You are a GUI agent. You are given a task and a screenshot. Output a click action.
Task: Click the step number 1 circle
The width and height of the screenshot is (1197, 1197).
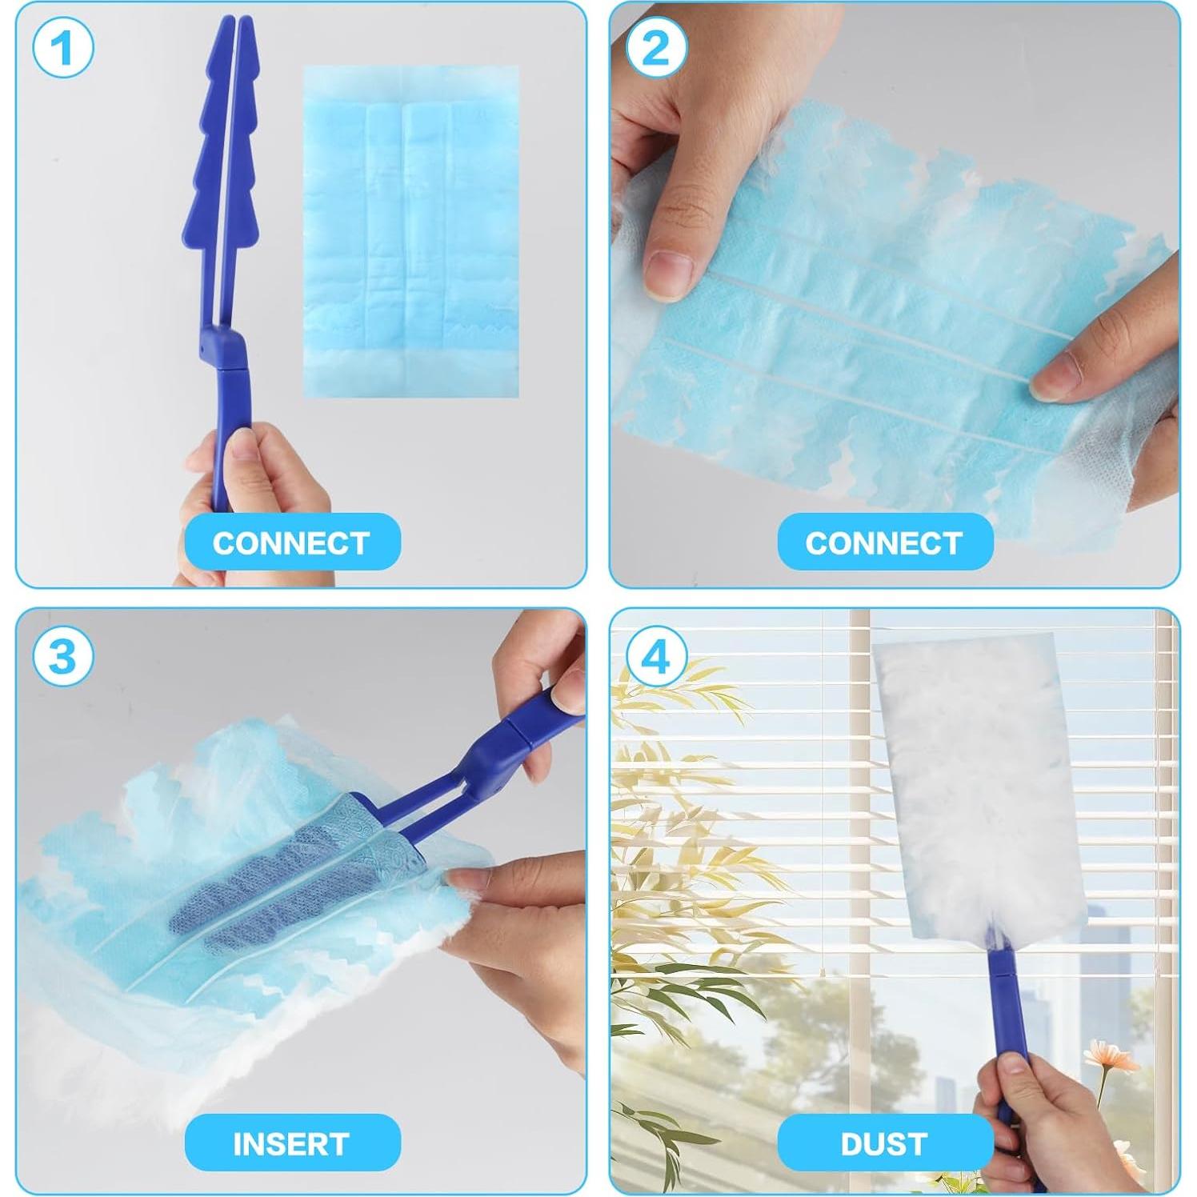62,47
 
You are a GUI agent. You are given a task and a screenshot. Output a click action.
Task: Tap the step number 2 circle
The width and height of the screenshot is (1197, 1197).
655,47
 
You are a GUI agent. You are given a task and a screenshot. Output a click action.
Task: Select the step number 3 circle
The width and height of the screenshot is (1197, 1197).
62,655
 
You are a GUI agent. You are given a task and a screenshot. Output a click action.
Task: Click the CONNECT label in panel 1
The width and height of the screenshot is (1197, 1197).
292,542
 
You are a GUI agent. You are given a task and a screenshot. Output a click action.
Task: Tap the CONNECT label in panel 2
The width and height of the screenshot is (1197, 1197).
884,542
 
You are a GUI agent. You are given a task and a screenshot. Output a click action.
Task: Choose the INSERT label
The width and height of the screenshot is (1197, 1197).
292,1143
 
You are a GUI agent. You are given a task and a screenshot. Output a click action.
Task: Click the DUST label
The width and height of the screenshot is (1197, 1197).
884,1143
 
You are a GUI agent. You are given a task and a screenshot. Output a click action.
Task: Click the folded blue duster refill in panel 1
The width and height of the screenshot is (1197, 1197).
410,232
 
